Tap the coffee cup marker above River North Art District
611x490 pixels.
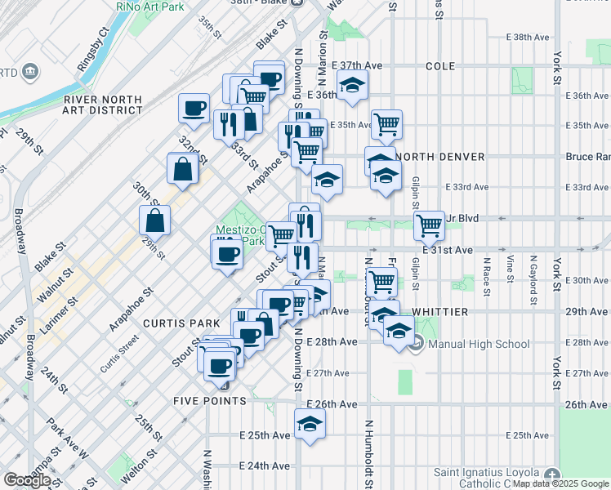click(195, 109)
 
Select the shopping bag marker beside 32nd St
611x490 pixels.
click(182, 168)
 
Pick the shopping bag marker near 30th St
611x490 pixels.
click(155, 219)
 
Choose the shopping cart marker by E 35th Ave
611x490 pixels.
click(386, 124)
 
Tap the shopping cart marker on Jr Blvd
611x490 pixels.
click(429, 225)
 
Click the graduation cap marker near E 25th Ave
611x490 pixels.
click(310, 424)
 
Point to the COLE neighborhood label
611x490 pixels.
click(439, 65)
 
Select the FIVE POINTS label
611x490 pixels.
click(210, 401)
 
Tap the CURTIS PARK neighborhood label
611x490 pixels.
click(172, 323)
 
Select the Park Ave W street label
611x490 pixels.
click(67, 437)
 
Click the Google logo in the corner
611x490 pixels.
click(27, 480)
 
